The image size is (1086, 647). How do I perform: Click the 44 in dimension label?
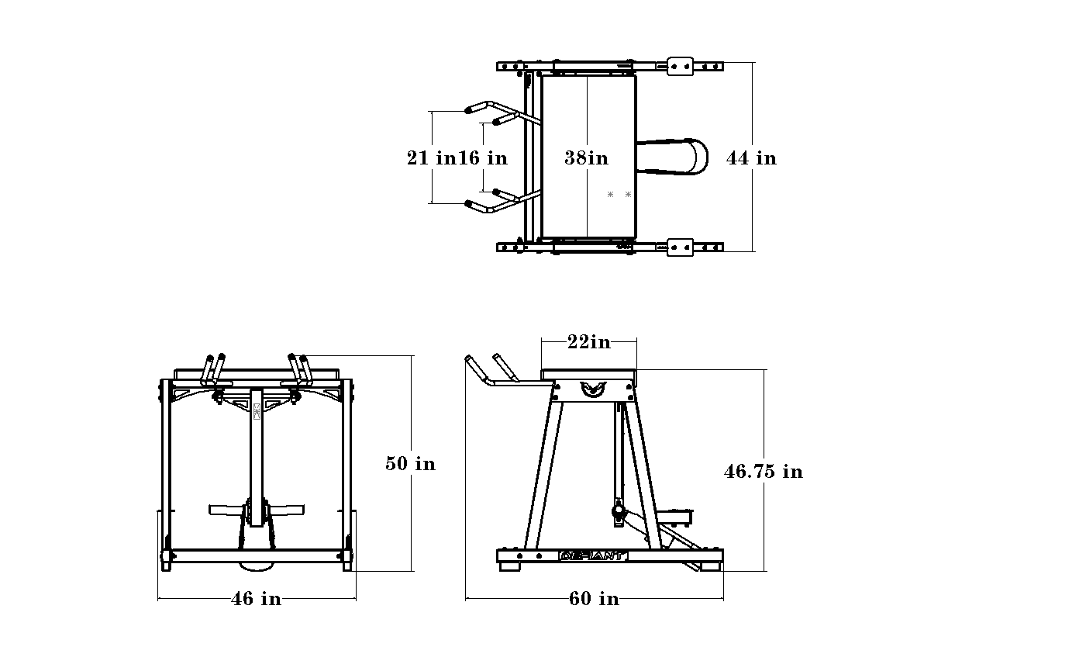pyautogui.click(x=751, y=158)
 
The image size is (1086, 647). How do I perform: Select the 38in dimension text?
pyautogui.click(x=586, y=158)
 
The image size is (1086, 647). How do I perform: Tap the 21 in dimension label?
pyautogui.click(x=432, y=158)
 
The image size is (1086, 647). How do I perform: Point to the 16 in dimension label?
pyautogui.click(x=483, y=158)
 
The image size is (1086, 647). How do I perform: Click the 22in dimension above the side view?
pyautogui.click(x=589, y=342)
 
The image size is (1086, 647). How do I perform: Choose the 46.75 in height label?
pyautogui.click(x=764, y=472)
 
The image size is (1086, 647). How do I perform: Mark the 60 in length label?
pyautogui.click(x=594, y=598)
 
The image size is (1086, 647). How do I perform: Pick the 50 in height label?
pyautogui.click(x=411, y=464)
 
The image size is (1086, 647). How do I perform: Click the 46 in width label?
pyautogui.click(x=257, y=598)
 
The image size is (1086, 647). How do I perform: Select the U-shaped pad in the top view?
pyautogui.click(x=672, y=157)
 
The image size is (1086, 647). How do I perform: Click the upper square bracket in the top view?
pyautogui.click(x=681, y=66)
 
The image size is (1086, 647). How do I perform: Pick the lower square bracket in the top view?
pyautogui.click(x=681, y=247)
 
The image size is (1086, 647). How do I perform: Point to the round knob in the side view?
pyautogui.click(x=619, y=511)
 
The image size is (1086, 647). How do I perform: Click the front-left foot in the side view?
pyautogui.click(x=509, y=566)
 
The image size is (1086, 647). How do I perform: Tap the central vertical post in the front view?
pyautogui.click(x=257, y=457)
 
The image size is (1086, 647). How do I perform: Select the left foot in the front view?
pyautogui.click(x=167, y=566)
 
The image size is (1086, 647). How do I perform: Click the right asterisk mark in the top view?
pyautogui.click(x=629, y=195)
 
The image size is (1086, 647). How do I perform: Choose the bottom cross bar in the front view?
pyautogui.click(x=257, y=555)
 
